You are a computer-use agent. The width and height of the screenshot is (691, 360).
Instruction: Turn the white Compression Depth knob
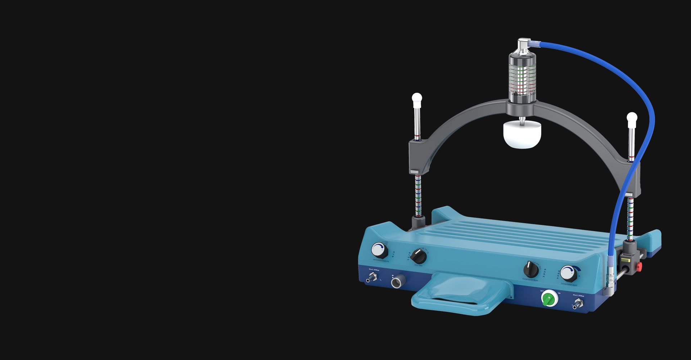(x=568, y=274)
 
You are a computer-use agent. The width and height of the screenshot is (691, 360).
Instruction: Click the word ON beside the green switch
(x=559, y=293)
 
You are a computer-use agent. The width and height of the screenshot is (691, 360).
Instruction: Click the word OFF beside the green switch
(x=542, y=291)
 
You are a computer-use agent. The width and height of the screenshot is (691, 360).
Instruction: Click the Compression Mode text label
(x=530, y=279)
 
